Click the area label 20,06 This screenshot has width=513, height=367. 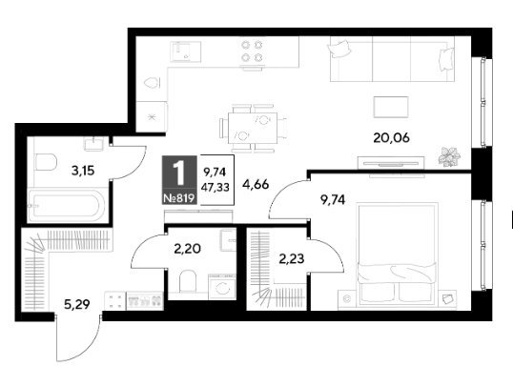pos(391,138)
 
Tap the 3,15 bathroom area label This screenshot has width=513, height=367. pos(83,171)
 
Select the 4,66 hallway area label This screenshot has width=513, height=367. pos(256,185)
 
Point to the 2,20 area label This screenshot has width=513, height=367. pos(188,249)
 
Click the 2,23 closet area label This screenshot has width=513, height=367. pos(292,259)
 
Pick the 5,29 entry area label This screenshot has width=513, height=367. pos(77,305)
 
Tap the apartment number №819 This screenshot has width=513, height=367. pos(179,198)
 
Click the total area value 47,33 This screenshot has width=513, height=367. pos(215,188)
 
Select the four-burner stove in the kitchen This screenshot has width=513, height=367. pos(252,51)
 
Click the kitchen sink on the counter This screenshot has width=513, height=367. pos(186,51)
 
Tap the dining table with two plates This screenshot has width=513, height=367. pos(253,128)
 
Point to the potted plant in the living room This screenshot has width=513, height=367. pos(449,156)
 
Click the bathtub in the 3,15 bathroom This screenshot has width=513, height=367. pos(67,206)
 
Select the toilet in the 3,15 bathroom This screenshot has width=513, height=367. pos(46,162)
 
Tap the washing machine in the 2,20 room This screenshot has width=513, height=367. pos(222,287)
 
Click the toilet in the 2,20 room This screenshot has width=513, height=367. pos(188,281)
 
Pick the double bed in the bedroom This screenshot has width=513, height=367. pos(398,255)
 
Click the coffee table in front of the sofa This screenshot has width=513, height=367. pos(391,107)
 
